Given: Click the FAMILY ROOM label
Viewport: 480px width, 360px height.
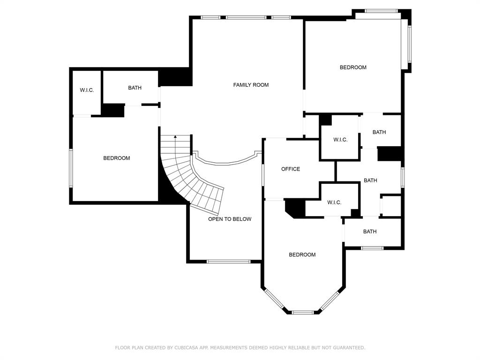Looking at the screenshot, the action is pyautogui.click(x=251, y=85).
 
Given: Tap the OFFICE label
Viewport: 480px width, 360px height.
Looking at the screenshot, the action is pyautogui.click(x=291, y=169).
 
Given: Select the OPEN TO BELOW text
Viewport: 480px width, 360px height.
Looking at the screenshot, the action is pyautogui.click(x=230, y=219).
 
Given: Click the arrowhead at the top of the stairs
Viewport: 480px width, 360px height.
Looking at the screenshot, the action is pyautogui.click(x=175, y=136).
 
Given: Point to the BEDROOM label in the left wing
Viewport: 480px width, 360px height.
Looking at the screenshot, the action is pyautogui.click(x=116, y=158).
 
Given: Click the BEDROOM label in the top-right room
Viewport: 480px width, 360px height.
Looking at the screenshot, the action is pyautogui.click(x=353, y=67).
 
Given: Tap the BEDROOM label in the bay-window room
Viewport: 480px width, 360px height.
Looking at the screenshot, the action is pyautogui.click(x=302, y=255).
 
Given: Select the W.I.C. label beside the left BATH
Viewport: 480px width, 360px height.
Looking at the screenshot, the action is pyautogui.click(x=87, y=90).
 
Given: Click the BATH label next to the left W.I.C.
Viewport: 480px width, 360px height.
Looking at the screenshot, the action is pyautogui.click(x=135, y=88).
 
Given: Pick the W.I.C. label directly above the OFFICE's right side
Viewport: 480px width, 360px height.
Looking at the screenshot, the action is pyautogui.click(x=340, y=140).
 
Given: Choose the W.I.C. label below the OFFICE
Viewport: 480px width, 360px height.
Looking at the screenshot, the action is pyautogui.click(x=334, y=202).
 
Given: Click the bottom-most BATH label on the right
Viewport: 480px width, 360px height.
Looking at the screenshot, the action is pyautogui.click(x=370, y=232).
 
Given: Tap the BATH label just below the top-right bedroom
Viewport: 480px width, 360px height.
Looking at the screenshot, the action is pyautogui.click(x=379, y=132).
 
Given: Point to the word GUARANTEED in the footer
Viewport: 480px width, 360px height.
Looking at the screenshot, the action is pyautogui.click(x=349, y=347).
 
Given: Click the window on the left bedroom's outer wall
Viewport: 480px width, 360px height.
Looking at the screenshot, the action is pyautogui.click(x=71, y=168).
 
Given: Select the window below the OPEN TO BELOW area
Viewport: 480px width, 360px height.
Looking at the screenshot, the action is pyautogui.click(x=228, y=262).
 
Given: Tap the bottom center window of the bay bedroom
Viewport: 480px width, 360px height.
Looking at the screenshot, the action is pyautogui.click(x=302, y=312).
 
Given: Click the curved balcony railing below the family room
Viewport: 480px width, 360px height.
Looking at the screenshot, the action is pyautogui.click(x=226, y=163).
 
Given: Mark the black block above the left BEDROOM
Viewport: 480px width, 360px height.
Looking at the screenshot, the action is pyautogui.click(x=113, y=111).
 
